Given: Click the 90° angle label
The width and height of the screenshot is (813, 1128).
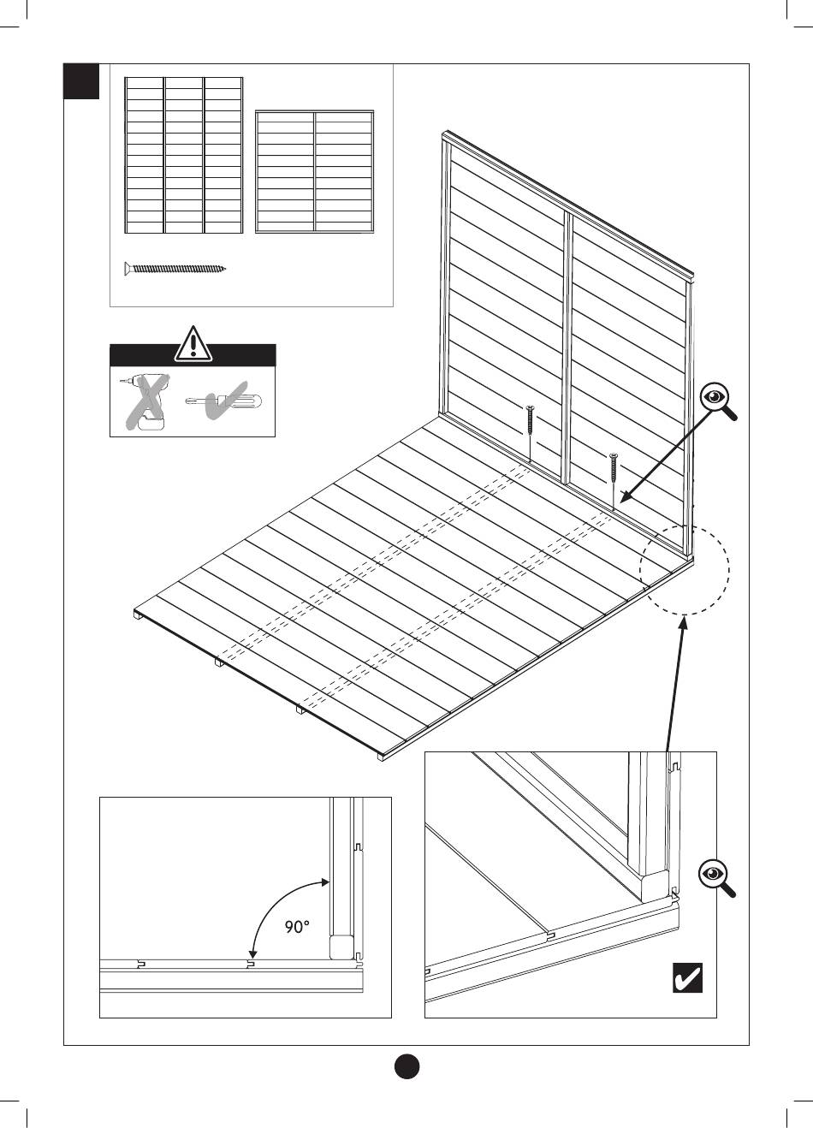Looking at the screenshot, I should click(x=296, y=927).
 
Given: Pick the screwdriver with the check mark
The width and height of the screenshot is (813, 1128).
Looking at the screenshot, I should click(x=225, y=401).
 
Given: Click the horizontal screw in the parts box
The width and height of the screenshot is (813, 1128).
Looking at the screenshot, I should click(x=175, y=269).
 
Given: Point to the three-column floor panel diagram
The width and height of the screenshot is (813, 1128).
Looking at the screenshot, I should click(x=183, y=155).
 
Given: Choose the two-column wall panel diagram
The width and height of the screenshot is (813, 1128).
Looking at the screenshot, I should click(x=315, y=171).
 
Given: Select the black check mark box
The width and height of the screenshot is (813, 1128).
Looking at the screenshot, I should click(x=687, y=977).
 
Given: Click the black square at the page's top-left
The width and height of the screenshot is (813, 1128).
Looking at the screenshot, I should click(x=82, y=81).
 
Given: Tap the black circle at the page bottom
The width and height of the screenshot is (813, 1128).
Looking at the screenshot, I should click(x=406, y=1066).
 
